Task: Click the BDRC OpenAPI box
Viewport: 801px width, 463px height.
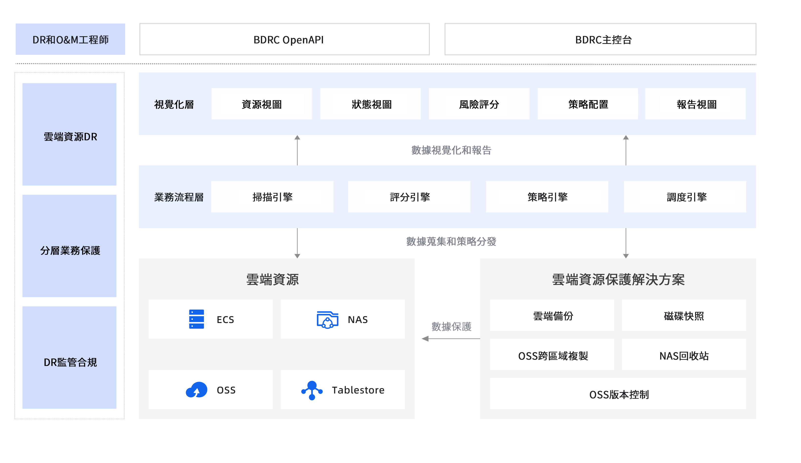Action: click(284, 39)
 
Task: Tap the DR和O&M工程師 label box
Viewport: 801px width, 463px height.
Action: click(70, 39)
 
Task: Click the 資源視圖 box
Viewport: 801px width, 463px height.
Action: click(261, 104)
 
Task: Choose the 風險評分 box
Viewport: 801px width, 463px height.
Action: click(479, 104)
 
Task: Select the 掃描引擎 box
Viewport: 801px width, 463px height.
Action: click(272, 197)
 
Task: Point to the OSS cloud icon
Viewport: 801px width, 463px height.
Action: click(196, 390)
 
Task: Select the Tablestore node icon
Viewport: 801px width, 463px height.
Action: click(312, 390)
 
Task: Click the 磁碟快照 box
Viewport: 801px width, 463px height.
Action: click(684, 315)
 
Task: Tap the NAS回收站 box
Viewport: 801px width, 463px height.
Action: click(684, 355)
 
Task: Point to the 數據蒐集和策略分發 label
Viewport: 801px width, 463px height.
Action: click(451, 241)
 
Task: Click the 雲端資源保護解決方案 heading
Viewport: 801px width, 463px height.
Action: click(618, 279)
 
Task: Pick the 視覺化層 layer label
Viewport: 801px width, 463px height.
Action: click(174, 104)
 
